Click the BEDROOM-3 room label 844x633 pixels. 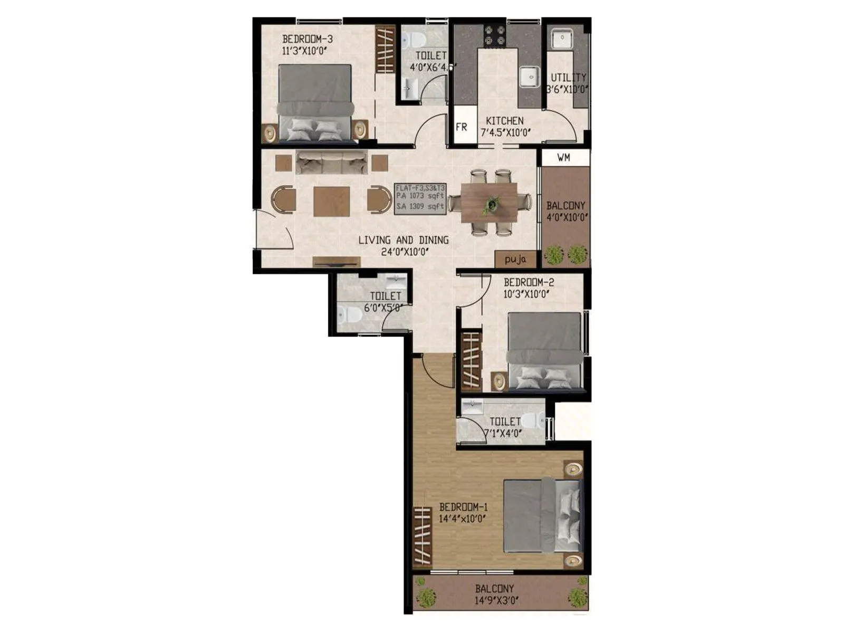pos(307,39)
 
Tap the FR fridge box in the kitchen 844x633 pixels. pos(462,127)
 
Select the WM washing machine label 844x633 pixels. pos(563,158)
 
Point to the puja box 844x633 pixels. pos(515,260)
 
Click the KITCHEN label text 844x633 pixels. pos(505,121)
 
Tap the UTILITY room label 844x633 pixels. pos(568,78)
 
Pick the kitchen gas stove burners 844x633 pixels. pos(495,35)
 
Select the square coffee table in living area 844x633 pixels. pos(331,202)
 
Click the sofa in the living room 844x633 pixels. pos(331,162)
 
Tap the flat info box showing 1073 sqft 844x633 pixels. pos(420,198)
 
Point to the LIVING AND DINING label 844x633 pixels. pos(404,240)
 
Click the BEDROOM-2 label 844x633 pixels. pos(529,282)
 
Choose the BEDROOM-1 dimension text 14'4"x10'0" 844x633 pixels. pos(462,519)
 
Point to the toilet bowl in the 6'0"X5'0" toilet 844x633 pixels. pos(349,314)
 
